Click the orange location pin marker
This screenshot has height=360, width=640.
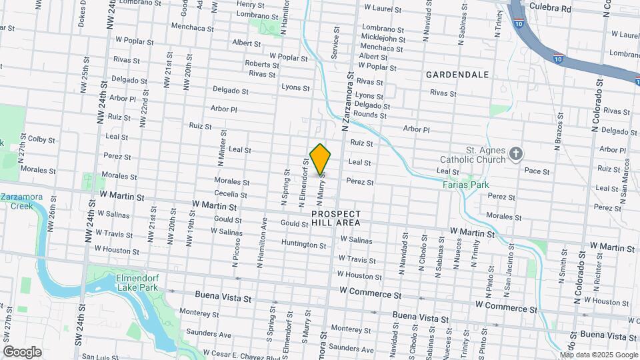coord(321,158)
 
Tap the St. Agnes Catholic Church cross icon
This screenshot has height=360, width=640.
coord(515,155)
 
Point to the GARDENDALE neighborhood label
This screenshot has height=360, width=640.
coord(457,75)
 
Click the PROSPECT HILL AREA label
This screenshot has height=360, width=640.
coord(336,217)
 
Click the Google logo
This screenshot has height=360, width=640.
coord(21,351)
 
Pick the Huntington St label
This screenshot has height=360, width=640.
coord(303,245)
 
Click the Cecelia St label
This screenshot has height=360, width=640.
coord(231,195)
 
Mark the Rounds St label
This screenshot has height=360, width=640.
coord(369,115)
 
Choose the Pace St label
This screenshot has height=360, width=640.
coord(537,171)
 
